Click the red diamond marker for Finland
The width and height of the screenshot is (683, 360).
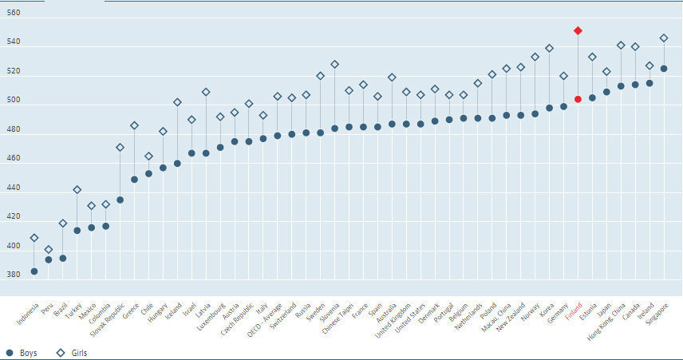pos(578,30)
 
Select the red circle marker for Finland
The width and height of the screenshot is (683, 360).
pos(578,99)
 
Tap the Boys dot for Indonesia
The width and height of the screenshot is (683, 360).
pos(34,271)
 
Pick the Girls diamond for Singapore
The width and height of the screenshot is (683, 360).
pos(664,38)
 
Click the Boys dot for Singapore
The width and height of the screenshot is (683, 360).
pos(664,69)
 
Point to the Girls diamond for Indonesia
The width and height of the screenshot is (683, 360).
pos(34,237)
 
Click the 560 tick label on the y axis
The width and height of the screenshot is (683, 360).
pos(13,14)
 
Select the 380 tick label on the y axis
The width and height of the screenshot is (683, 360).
pos(13,275)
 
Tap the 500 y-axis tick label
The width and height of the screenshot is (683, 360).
pos(13,101)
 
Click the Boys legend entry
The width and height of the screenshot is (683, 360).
pos(22,352)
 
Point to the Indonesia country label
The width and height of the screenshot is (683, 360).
pos(24,314)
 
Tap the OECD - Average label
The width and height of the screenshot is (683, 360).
pos(265,317)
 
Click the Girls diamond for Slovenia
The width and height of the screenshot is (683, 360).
pos(334,64)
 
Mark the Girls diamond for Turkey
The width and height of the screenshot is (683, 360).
pos(77,190)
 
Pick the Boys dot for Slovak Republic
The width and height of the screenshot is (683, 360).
pos(120,200)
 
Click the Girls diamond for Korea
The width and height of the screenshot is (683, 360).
pos(549,48)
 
